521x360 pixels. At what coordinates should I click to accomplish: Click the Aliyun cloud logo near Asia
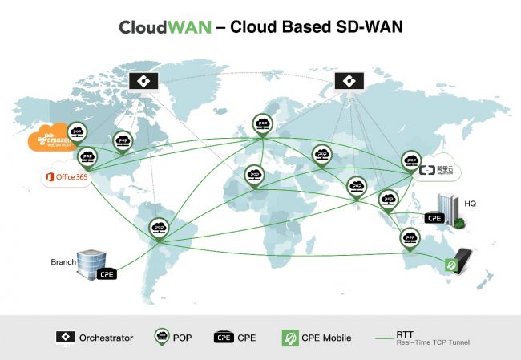(438, 168)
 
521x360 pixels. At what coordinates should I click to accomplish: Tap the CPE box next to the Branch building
(107, 273)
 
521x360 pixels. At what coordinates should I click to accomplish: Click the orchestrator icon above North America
(142, 80)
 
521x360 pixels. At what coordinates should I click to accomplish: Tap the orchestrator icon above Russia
(347, 80)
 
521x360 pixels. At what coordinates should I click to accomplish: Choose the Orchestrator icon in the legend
(63, 338)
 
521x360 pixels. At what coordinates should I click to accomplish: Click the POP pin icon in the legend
(160, 337)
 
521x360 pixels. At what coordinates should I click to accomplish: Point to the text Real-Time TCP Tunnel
(433, 342)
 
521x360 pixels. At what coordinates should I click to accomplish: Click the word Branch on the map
(63, 261)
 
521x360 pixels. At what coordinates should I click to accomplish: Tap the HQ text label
(471, 204)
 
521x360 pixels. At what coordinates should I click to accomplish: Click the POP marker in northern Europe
(262, 123)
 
